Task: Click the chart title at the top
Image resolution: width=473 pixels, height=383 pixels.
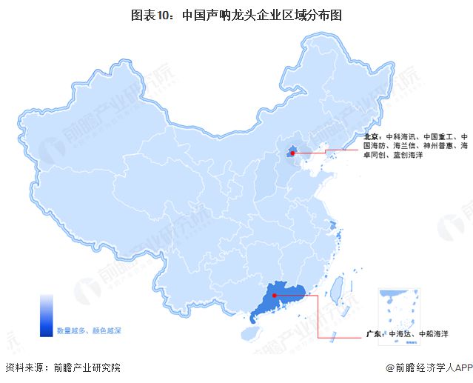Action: pyautogui.click(x=237, y=14)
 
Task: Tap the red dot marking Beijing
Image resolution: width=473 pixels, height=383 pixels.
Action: pyautogui.click(x=292, y=154)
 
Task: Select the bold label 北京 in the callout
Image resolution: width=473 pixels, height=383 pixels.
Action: pyautogui.click(x=372, y=138)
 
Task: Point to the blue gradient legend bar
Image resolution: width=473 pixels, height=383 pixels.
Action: pyautogui.click(x=46, y=316)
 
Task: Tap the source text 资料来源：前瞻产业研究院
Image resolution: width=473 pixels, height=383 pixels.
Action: pyautogui.click(x=62, y=367)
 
